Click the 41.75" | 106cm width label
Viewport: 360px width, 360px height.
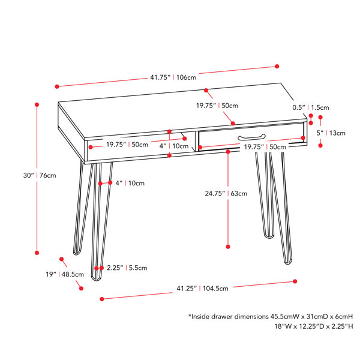click(173, 77)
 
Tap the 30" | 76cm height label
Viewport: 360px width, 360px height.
click(40, 175)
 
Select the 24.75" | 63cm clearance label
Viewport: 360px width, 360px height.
click(226, 194)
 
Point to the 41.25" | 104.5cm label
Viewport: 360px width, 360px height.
click(203, 289)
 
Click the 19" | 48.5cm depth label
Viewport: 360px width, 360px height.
click(65, 274)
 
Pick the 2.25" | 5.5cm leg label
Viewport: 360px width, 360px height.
click(127, 268)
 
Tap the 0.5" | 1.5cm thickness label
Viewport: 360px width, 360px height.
click(311, 107)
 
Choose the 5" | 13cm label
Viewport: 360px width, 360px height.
click(331, 133)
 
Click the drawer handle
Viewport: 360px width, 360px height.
click(251, 137)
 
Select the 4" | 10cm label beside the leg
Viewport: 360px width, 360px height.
click(130, 183)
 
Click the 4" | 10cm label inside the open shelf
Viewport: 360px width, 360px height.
click(174, 146)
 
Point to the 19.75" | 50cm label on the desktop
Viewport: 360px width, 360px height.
click(217, 106)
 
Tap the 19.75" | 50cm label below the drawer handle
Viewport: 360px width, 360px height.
click(265, 147)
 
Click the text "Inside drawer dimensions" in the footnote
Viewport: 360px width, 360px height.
click(228, 317)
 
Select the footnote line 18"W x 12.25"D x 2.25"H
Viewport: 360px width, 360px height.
click(314, 326)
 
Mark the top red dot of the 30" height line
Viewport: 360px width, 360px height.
click(37, 104)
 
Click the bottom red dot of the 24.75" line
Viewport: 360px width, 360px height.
click(228, 247)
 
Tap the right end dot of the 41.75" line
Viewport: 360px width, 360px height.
click(277, 67)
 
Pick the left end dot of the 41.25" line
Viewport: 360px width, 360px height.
click(102, 299)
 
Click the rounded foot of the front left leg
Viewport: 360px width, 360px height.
click(97, 278)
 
